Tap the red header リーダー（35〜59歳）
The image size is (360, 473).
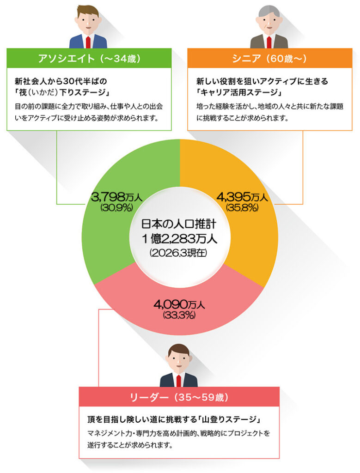(179, 397)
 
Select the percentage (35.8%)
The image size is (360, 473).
(242, 207)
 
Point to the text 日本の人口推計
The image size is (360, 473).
(179, 225)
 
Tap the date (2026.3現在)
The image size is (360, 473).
(179, 253)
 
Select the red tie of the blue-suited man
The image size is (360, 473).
(88, 42)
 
